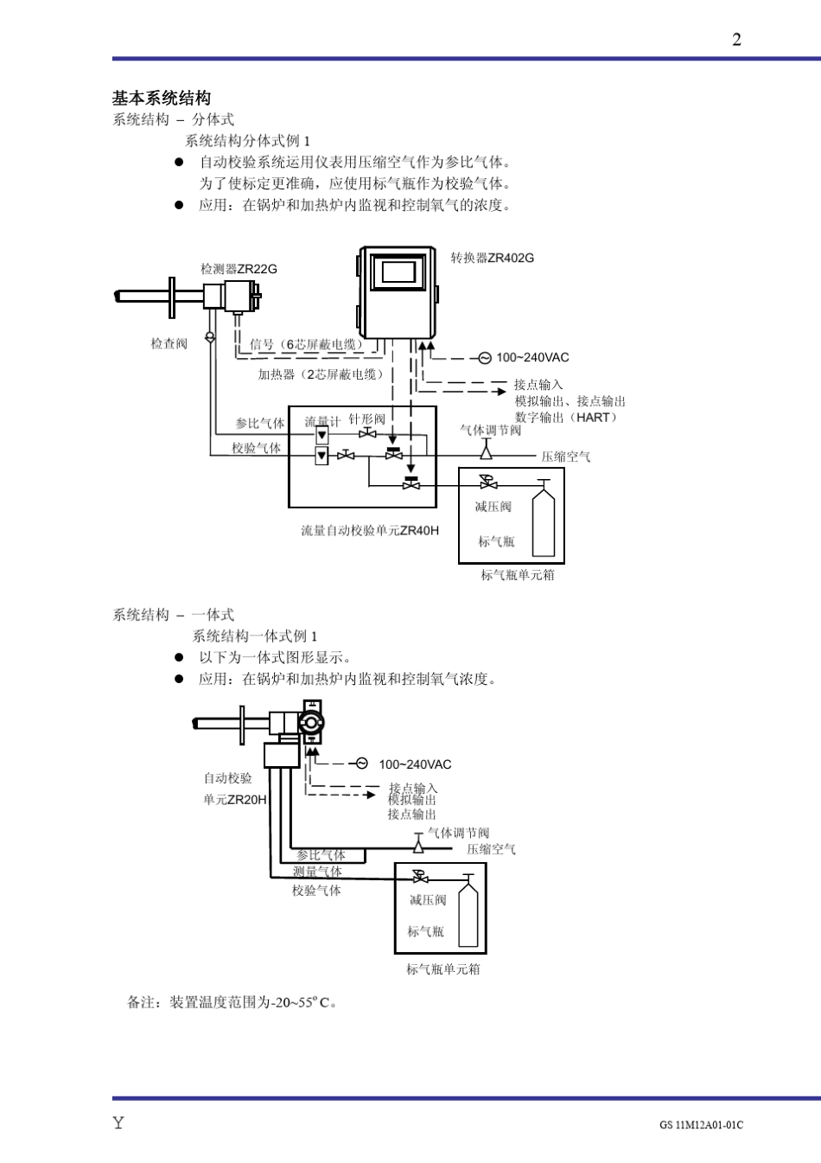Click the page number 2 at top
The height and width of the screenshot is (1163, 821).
[736, 40]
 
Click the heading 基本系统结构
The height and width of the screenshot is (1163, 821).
[162, 98]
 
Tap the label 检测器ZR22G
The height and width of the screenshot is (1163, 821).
[239, 269]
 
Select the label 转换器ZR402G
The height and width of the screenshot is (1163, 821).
[492, 258]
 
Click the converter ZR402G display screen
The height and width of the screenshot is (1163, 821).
[398, 272]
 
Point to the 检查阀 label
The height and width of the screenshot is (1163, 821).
[169, 343]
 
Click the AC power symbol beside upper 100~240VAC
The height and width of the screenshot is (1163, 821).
[485, 358]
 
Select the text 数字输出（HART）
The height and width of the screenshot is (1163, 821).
[567, 418]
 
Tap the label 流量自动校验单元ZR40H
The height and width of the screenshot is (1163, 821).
[369, 530]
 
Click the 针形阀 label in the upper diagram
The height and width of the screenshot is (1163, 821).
[367, 419]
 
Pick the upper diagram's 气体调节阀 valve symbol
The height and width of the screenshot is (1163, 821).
[486, 450]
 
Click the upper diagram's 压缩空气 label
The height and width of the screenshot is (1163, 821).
[566, 457]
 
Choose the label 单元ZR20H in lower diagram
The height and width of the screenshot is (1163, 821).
[235, 800]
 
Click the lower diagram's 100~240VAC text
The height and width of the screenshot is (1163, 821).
[415, 764]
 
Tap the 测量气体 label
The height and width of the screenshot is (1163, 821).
[317, 872]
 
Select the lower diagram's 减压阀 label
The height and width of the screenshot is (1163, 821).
[428, 900]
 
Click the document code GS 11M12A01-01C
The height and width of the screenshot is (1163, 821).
[701, 1125]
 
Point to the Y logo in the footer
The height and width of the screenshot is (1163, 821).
[118, 1123]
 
